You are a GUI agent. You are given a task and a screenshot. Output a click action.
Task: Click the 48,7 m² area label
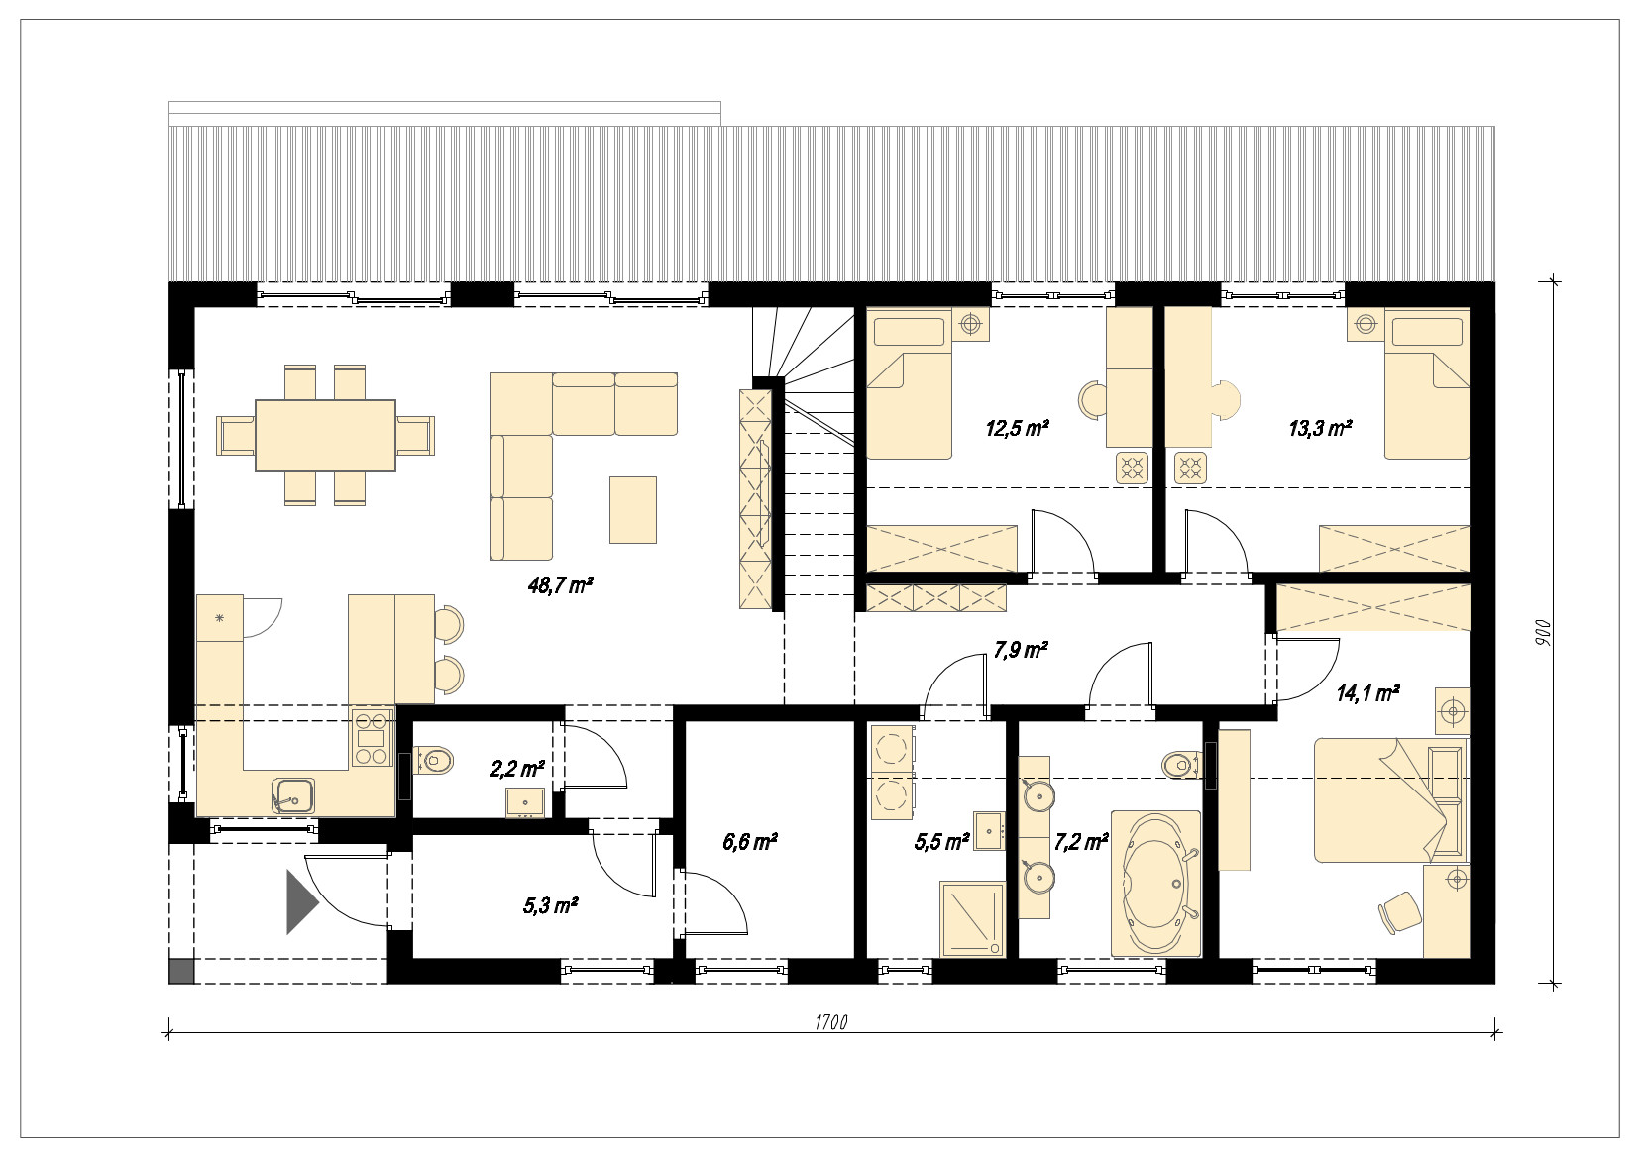(x=560, y=585)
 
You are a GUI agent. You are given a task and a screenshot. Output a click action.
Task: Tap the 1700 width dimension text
(x=831, y=1022)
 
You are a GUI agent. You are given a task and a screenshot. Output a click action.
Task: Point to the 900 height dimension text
(x=1542, y=633)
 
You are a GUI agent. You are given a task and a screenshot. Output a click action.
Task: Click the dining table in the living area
(x=325, y=435)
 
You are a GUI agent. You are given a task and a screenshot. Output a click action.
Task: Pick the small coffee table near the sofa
(x=633, y=510)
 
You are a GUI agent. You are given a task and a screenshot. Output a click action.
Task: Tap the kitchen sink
(x=294, y=795)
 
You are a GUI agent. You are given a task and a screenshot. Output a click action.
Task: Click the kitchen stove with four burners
(x=372, y=737)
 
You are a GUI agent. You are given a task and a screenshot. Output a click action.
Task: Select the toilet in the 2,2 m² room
(x=434, y=760)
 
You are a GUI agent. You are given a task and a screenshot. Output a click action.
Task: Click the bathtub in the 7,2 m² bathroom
(x=1156, y=884)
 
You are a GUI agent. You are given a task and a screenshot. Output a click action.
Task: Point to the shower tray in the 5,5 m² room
(x=972, y=919)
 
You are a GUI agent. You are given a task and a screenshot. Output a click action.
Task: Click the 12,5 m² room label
(x=1018, y=428)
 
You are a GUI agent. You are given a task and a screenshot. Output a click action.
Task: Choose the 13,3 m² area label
(x=1320, y=428)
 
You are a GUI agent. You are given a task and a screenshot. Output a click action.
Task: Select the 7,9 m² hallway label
(x=1021, y=650)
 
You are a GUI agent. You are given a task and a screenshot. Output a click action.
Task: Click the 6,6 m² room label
(x=750, y=842)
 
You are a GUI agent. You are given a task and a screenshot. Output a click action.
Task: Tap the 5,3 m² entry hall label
(x=551, y=906)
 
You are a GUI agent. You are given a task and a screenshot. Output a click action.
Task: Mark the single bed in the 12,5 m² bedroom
(x=909, y=384)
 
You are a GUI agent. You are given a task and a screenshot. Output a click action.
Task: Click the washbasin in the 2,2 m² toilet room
(x=524, y=801)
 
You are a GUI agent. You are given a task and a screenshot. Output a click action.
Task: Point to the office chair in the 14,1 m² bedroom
(x=1400, y=912)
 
